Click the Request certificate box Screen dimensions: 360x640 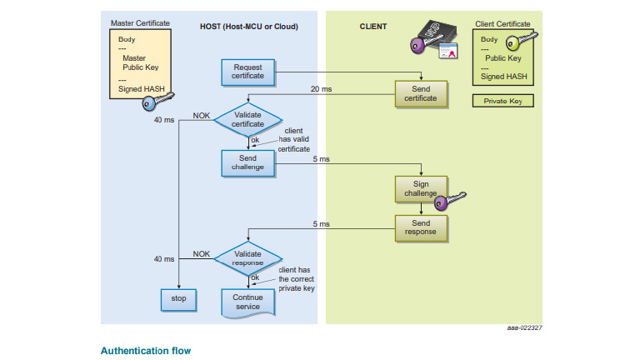coord(248,72)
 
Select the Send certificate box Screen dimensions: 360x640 coord(421,93)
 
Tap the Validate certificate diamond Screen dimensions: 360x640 coord(248,119)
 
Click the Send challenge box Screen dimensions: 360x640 coord(248,162)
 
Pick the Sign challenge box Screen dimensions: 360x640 coord(421,188)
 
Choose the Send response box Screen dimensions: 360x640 coord(421,228)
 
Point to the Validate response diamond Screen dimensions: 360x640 coord(248,257)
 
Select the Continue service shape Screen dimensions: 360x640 coord(248,302)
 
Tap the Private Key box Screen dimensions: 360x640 coord(502,102)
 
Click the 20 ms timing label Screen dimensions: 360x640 coord(320,88)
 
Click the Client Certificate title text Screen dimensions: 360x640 coord(502,24)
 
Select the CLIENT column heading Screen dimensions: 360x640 coord(373,27)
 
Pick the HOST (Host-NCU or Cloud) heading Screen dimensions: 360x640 coord(248,27)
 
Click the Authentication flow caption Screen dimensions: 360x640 coord(146,351)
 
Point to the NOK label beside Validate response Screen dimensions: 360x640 coord(202,253)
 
